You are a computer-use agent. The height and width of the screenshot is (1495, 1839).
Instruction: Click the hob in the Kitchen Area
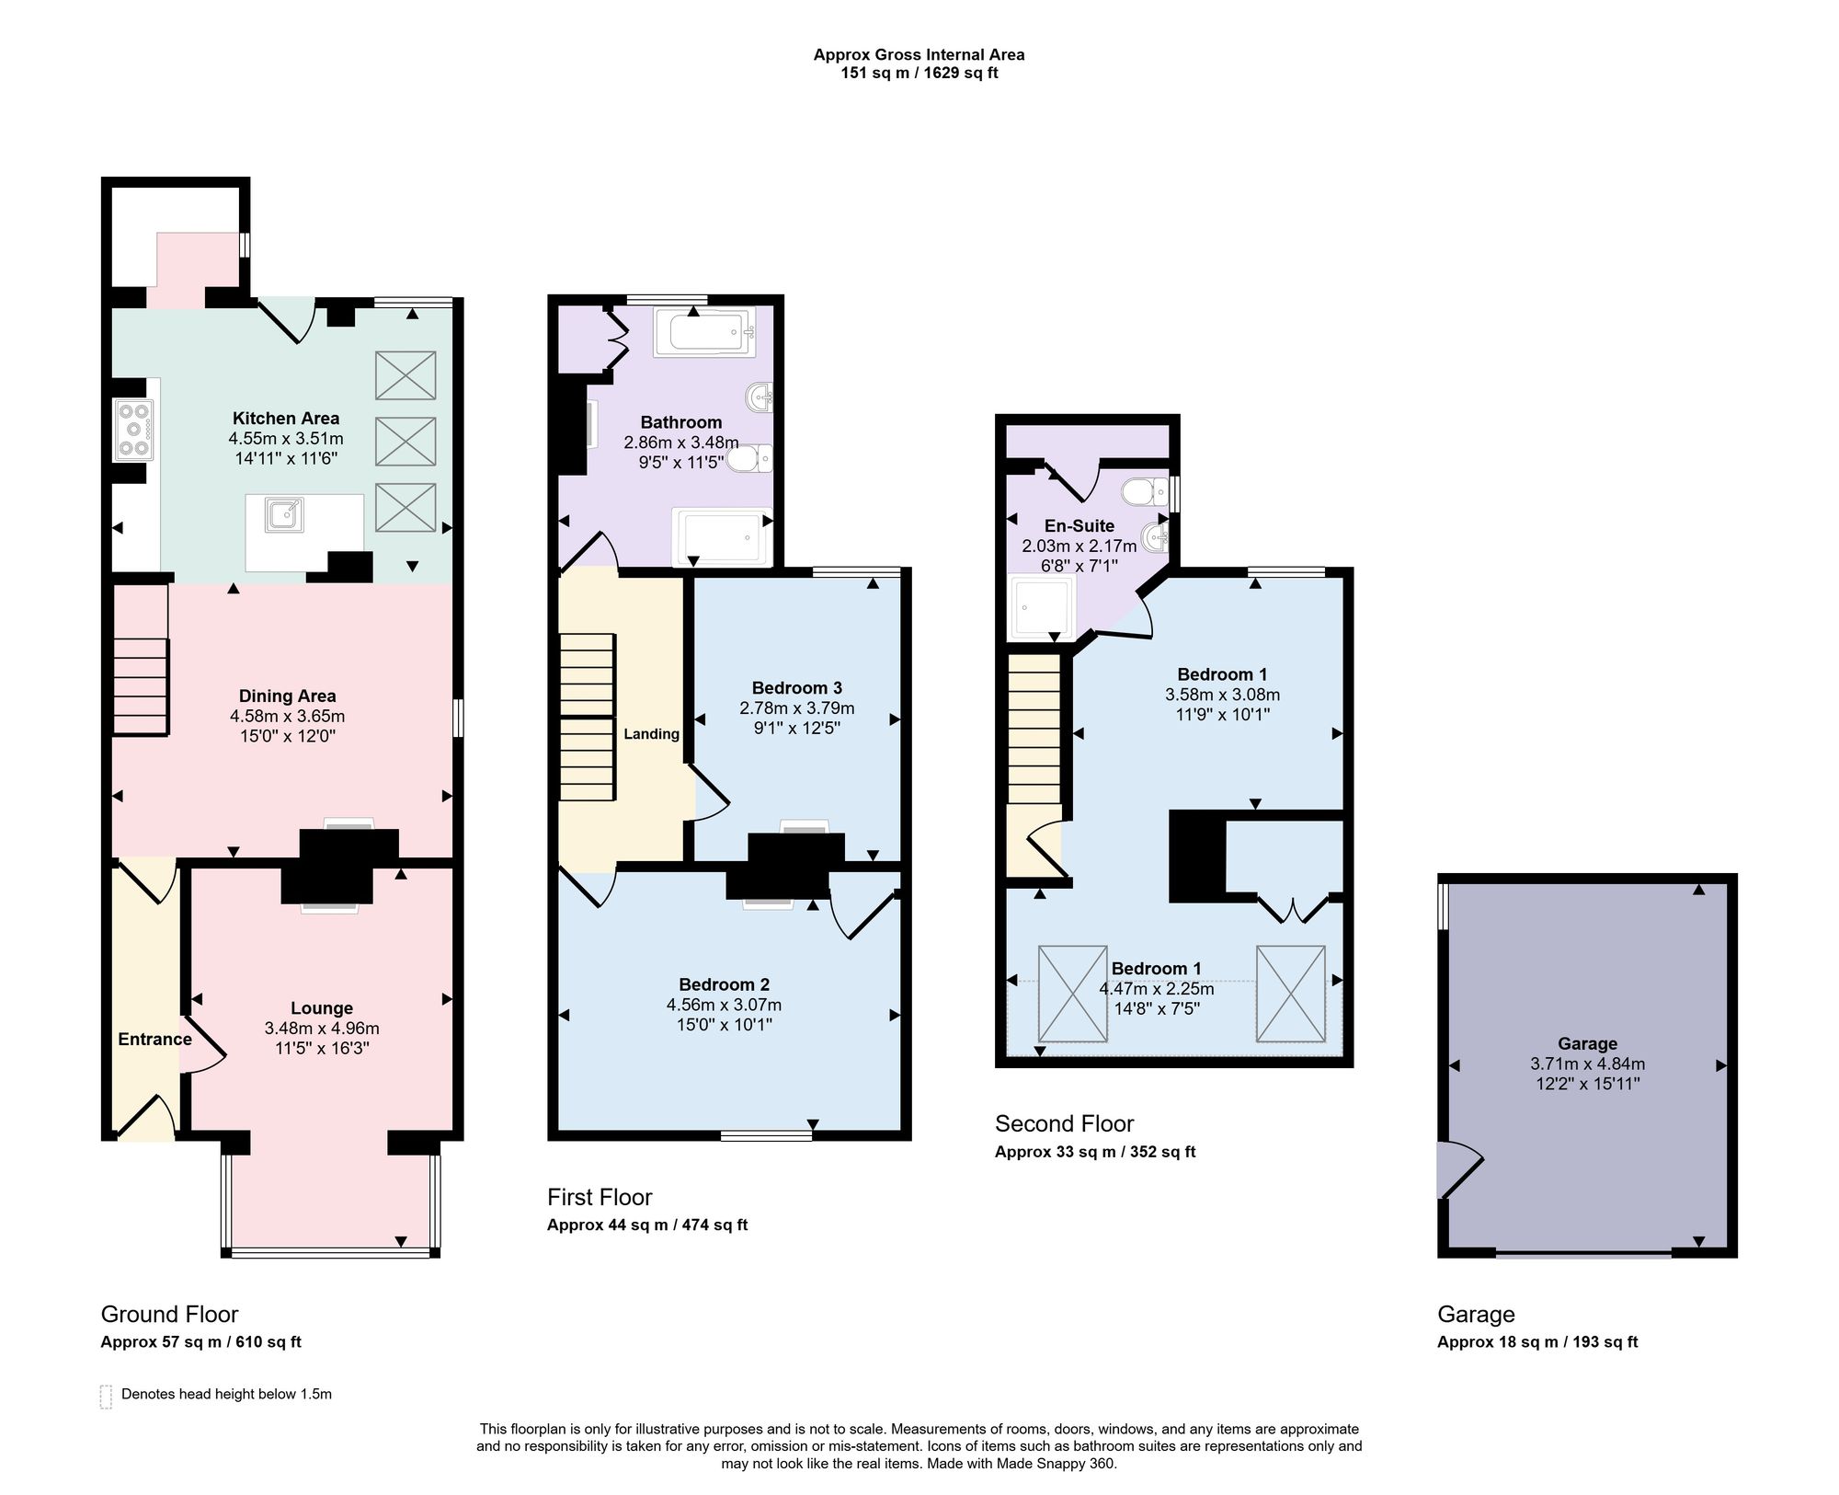pyautogui.click(x=134, y=430)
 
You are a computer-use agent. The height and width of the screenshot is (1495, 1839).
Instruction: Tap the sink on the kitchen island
pyautogui.click(x=284, y=515)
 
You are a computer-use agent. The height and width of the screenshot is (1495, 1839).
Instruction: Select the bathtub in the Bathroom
pyautogui.click(x=704, y=332)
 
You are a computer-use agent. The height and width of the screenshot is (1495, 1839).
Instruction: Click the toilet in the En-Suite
pyautogui.click(x=1146, y=491)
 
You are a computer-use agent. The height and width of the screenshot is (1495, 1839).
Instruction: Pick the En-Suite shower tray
pyautogui.click(x=1042, y=607)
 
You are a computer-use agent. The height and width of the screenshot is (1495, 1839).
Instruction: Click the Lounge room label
pyautogui.click(x=322, y=1008)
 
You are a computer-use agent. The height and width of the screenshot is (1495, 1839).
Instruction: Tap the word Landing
pyautogui.click(x=651, y=733)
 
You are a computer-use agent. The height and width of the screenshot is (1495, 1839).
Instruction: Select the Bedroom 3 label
pyautogui.click(x=797, y=687)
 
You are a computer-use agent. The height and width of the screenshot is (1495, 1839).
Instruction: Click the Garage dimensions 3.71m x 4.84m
pyautogui.click(x=1588, y=1064)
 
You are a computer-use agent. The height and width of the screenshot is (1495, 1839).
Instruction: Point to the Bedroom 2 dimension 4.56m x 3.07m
pyautogui.click(x=725, y=1005)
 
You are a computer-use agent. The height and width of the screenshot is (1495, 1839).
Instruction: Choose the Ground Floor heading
pyautogui.click(x=169, y=1314)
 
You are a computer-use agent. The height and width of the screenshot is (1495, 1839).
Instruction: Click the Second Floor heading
pyautogui.click(x=1065, y=1123)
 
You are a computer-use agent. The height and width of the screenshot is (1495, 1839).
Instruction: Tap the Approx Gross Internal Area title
pyautogui.click(x=919, y=54)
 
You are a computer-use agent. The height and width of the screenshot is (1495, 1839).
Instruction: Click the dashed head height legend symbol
pyautogui.click(x=106, y=1397)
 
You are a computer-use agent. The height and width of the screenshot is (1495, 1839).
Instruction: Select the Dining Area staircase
pyautogui.click(x=141, y=660)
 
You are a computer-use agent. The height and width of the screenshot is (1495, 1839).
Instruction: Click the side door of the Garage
pyautogui.click(x=1460, y=1169)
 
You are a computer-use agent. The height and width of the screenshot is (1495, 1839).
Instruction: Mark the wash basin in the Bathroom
pyautogui.click(x=760, y=398)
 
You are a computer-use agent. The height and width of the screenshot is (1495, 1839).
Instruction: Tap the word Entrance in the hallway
pyautogui.click(x=154, y=1039)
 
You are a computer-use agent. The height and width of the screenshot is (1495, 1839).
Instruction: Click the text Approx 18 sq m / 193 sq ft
pyautogui.click(x=1537, y=1341)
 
